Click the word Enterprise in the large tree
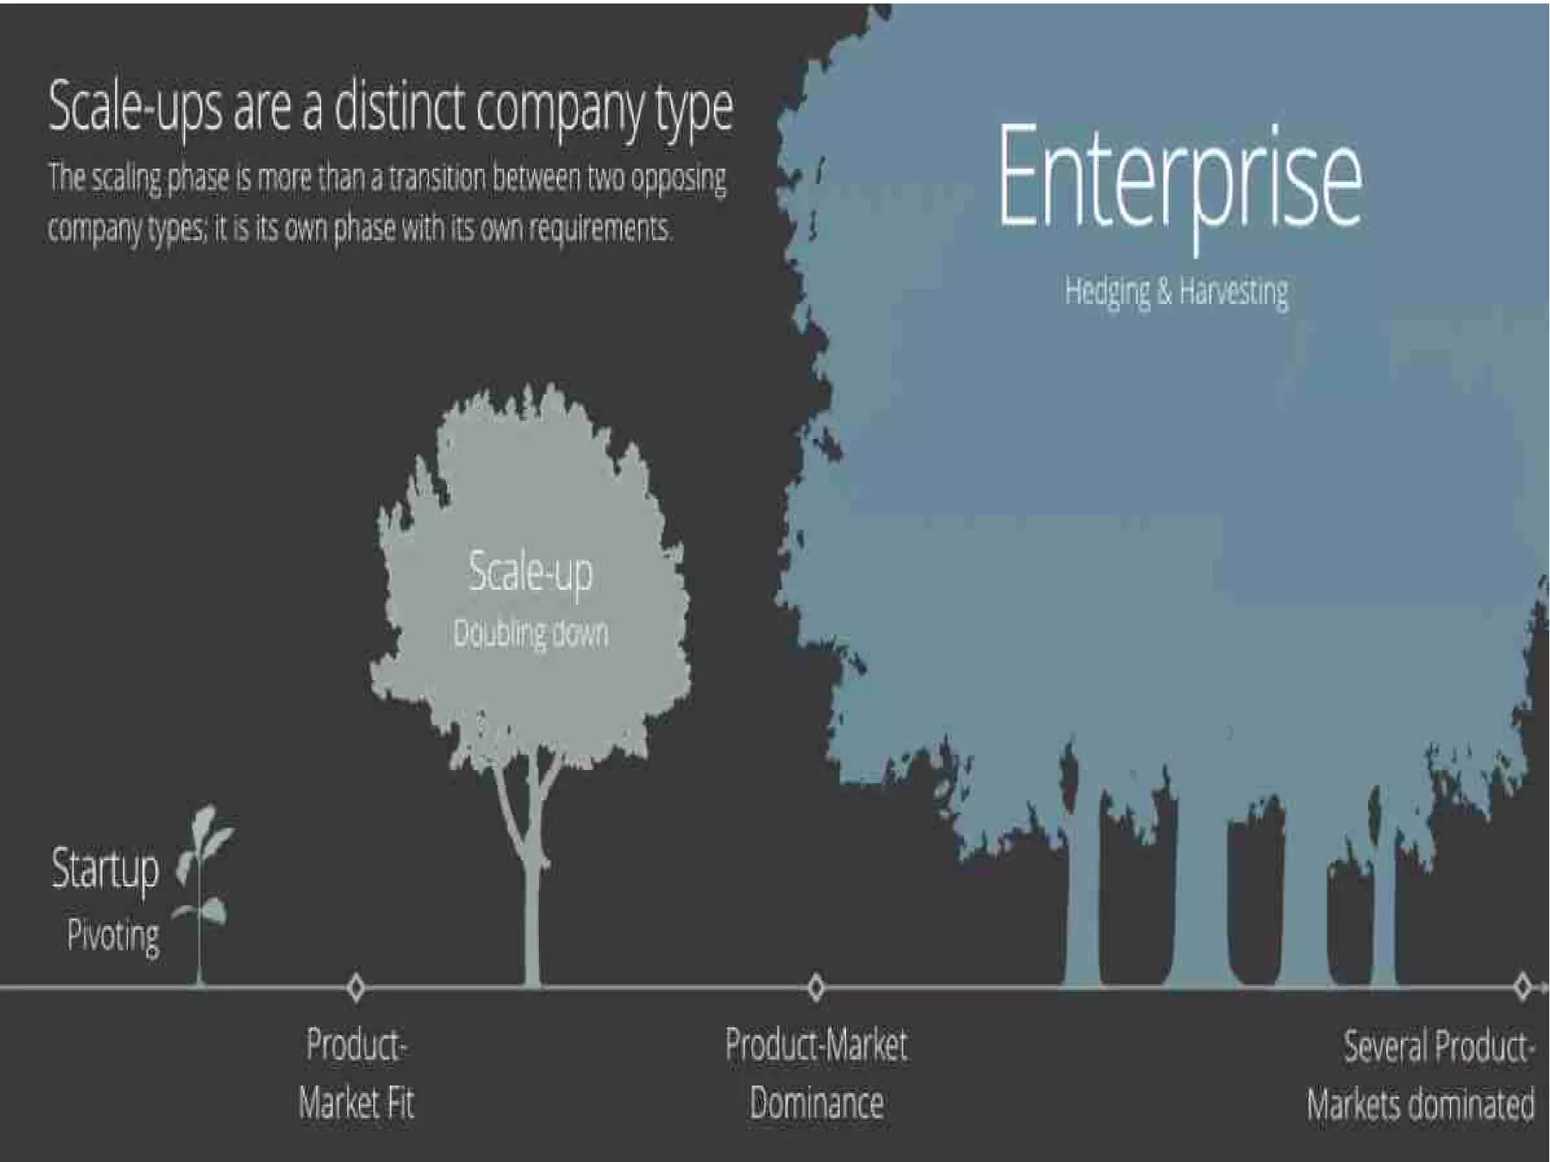[1179, 176]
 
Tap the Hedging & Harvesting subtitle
[1176, 291]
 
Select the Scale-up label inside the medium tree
[531, 572]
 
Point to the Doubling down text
[531, 633]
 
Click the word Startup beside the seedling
[105, 869]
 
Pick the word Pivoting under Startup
[114, 936]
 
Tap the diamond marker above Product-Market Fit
[356, 987]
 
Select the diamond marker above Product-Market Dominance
[815, 987]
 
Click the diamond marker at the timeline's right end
[1523, 987]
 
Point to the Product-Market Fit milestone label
[356, 1073]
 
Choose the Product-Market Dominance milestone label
[816, 1073]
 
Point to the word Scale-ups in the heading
[136, 107]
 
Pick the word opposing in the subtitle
[678, 179]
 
